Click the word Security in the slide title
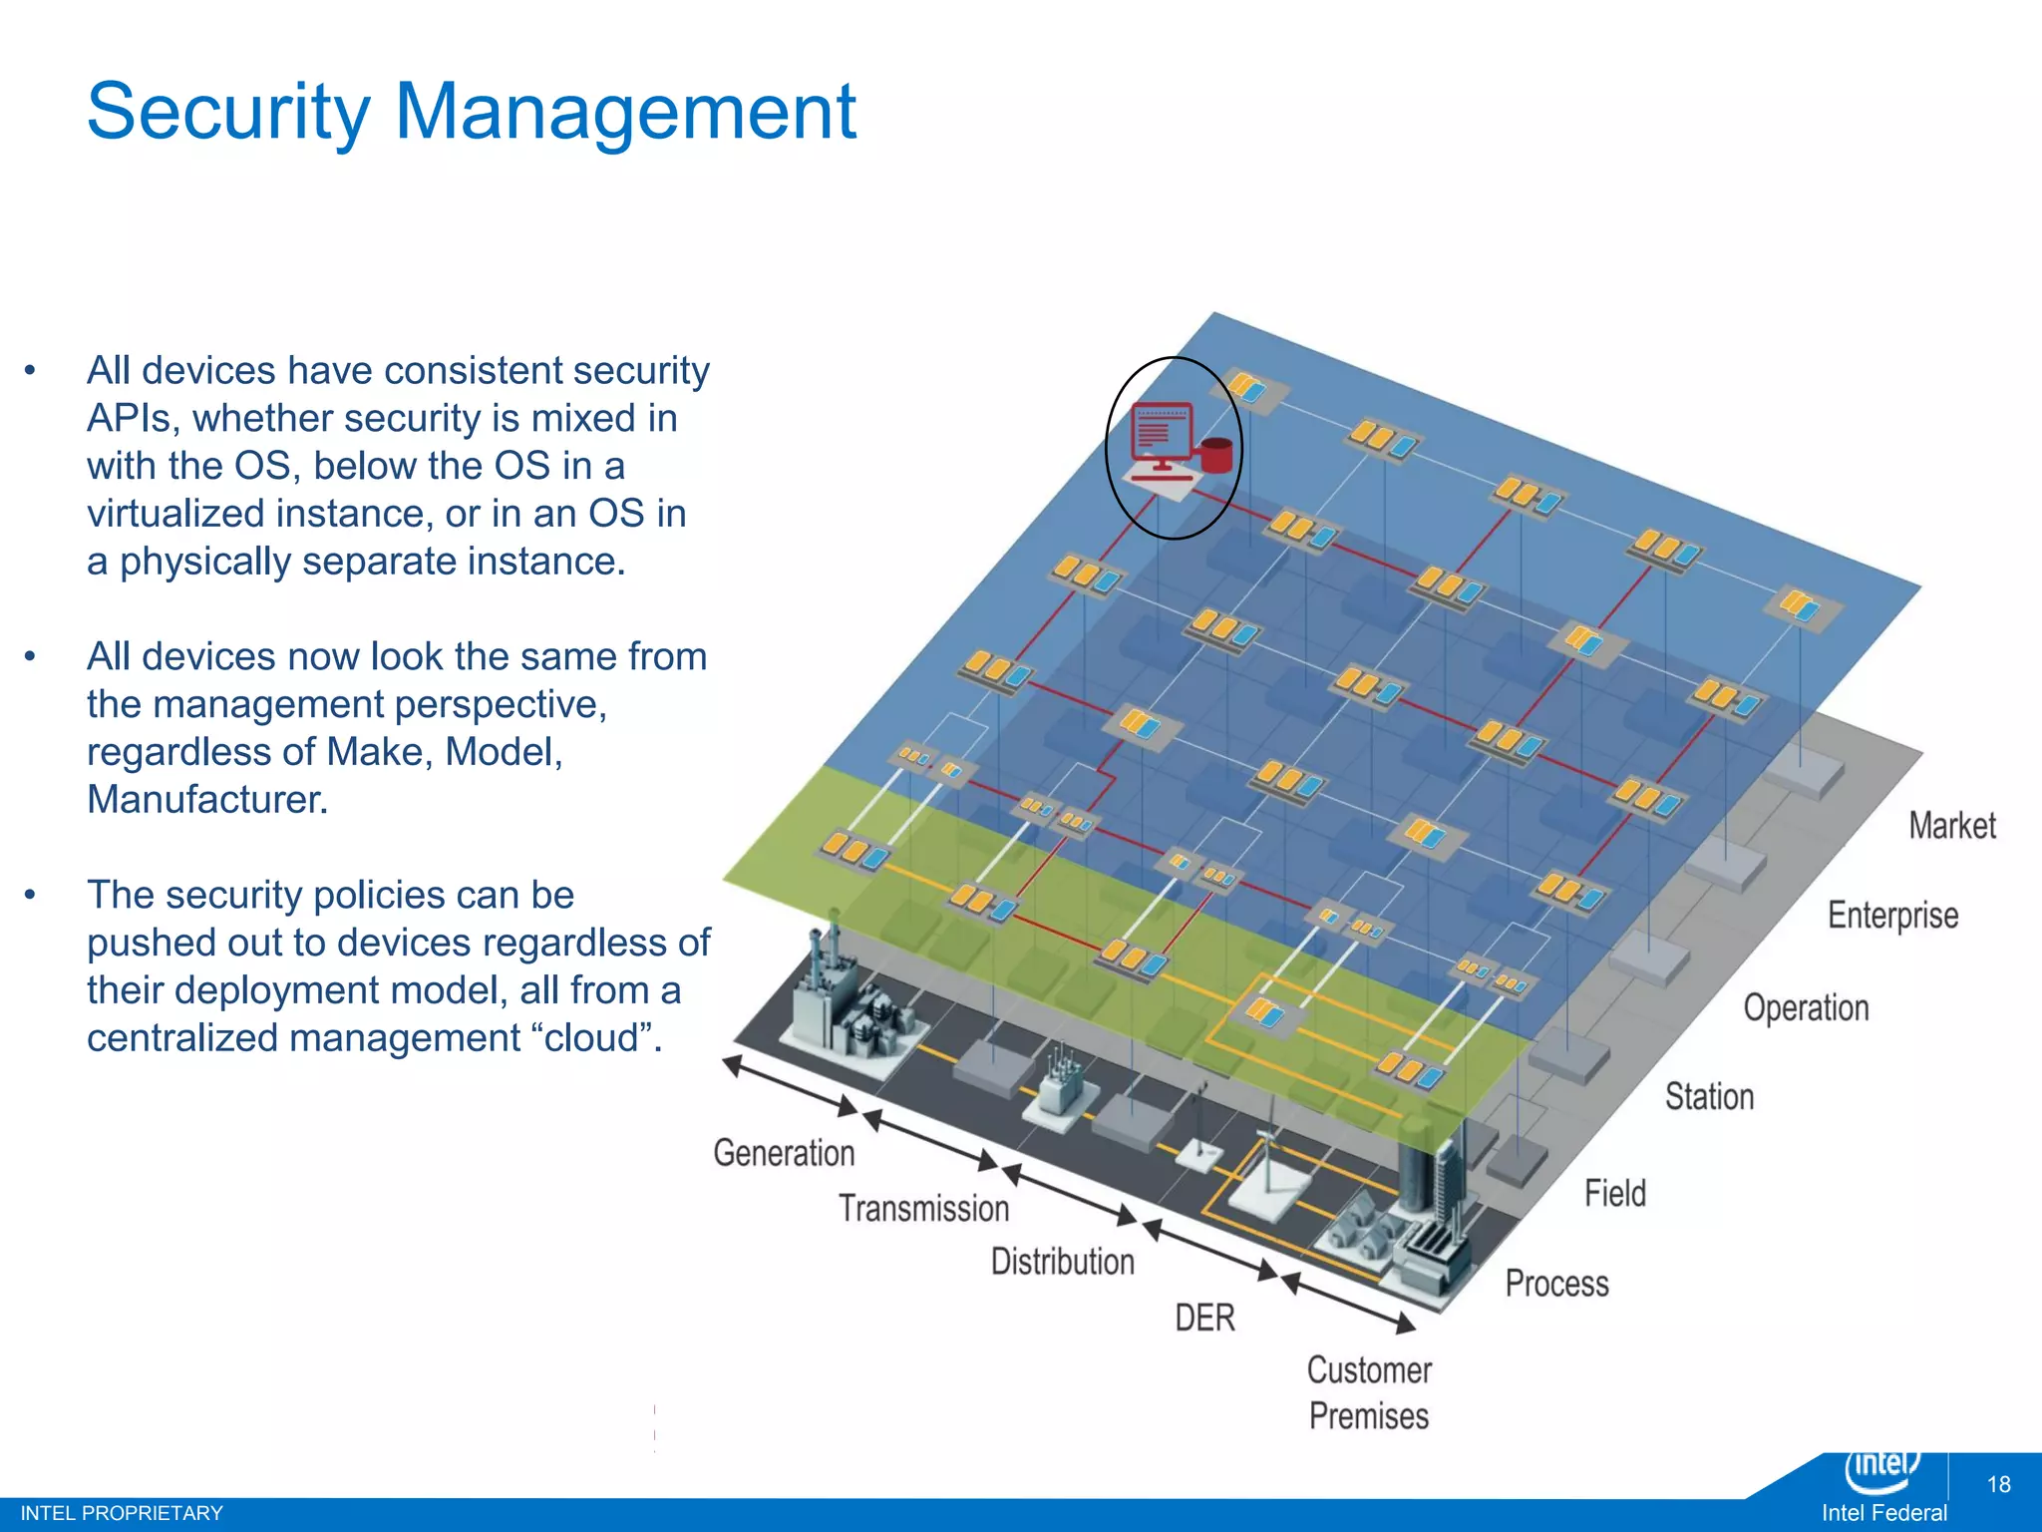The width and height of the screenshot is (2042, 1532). [228, 112]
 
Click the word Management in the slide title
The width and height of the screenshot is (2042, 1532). [625, 112]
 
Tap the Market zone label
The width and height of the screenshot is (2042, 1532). [1951, 826]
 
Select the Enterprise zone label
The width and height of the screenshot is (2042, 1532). [1891, 916]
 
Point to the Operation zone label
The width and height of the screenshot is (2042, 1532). [1805, 1008]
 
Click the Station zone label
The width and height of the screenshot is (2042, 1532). [1709, 1097]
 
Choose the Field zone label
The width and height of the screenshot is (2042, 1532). [1614, 1193]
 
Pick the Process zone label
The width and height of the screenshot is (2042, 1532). [1556, 1284]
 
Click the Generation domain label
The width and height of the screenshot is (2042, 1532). [784, 1153]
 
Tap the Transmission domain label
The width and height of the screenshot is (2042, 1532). [923, 1209]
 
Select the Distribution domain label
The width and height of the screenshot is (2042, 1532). [1062, 1262]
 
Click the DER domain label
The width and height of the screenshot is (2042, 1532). [1204, 1318]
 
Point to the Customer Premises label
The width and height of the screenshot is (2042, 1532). [1369, 1392]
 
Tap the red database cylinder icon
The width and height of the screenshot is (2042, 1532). [1216, 455]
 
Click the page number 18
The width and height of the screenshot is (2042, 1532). [1998, 1484]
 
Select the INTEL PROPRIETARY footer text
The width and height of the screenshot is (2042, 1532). [122, 1513]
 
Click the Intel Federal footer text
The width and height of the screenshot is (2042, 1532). [1883, 1513]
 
